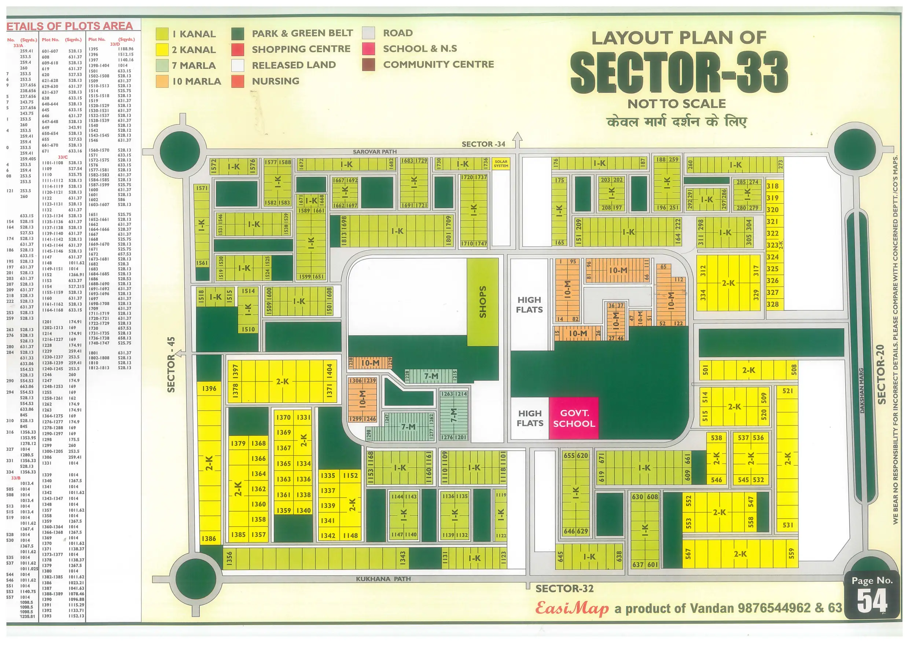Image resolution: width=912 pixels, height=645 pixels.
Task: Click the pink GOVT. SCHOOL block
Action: (x=574, y=418)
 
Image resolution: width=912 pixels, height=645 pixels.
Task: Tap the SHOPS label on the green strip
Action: (x=483, y=302)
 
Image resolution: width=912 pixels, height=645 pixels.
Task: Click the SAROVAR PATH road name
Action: (x=375, y=152)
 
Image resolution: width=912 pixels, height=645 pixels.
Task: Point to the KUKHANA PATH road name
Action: (x=383, y=579)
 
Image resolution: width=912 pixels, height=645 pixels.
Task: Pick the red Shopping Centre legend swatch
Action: (x=238, y=49)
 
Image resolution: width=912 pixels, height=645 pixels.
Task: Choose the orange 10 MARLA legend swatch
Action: (x=162, y=81)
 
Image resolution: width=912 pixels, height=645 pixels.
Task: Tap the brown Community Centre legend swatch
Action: (x=368, y=65)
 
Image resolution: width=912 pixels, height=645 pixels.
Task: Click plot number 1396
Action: (x=209, y=388)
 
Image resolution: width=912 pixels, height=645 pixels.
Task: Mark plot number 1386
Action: (x=209, y=539)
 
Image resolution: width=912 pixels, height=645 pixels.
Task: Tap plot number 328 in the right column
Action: (x=772, y=304)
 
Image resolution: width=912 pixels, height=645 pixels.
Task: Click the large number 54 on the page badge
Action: (x=872, y=601)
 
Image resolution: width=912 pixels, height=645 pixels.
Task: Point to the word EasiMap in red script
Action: (x=571, y=608)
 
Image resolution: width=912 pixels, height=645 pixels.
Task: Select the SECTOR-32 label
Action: (x=564, y=589)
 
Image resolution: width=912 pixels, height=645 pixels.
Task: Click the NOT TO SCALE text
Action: (x=676, y=104)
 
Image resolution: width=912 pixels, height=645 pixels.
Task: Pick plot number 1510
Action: (x=248, y=329)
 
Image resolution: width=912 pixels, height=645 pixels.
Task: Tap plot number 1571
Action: (x=202, y=188)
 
